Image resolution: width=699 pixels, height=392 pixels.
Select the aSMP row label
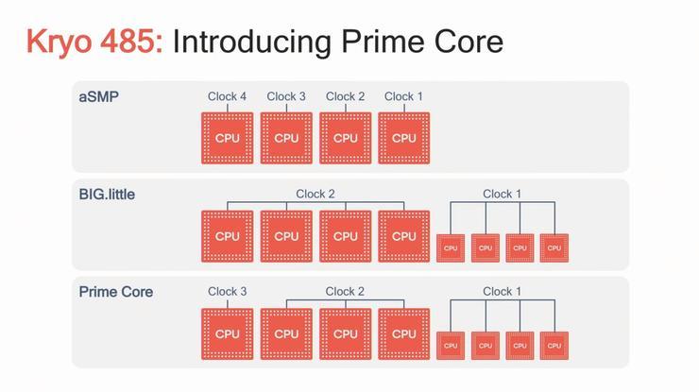point(99,95)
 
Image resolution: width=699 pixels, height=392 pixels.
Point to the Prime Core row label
point(115,291)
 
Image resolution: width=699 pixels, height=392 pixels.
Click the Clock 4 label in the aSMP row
point(228,96)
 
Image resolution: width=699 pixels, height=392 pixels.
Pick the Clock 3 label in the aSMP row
point(286,96)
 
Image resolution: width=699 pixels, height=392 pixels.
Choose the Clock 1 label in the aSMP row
point(403,96)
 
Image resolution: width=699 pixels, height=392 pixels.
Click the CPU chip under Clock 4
point(228,138)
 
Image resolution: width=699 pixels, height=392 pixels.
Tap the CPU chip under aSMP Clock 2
point(345,138)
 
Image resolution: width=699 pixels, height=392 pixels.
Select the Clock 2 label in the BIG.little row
point(315,194)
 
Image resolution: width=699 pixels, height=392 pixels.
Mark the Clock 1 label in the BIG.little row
point(502,194)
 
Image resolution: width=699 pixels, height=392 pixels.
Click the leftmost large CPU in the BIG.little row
point(228,236)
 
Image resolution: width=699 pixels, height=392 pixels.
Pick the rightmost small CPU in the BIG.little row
point(553,247)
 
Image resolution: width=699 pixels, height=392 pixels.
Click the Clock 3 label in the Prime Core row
point(228,291)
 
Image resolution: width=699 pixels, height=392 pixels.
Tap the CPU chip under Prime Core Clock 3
point(228,333)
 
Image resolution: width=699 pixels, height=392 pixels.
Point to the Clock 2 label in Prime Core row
point(345,291)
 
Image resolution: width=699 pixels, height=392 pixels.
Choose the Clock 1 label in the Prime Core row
point(502,291)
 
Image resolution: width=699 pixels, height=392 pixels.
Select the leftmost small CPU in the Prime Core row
point(451,346)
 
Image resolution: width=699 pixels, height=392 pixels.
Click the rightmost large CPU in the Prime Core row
point(403,333)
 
